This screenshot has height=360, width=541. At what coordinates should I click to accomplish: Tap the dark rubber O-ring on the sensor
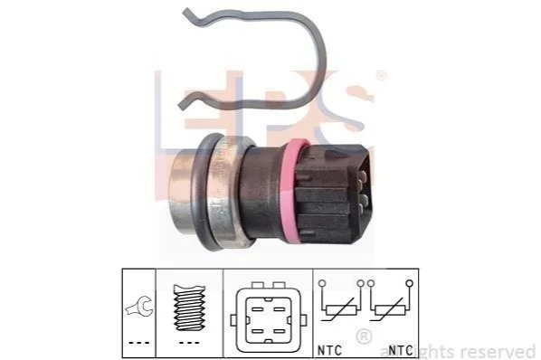[x=199, y=193]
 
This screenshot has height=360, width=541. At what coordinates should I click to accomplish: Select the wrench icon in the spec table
[x=139, y=306]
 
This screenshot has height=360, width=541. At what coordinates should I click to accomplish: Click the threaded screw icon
[x=189, y=308]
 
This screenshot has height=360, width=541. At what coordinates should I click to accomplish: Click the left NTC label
[x=329, y=350]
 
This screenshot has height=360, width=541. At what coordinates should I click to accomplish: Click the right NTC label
[x=401, y=350]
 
